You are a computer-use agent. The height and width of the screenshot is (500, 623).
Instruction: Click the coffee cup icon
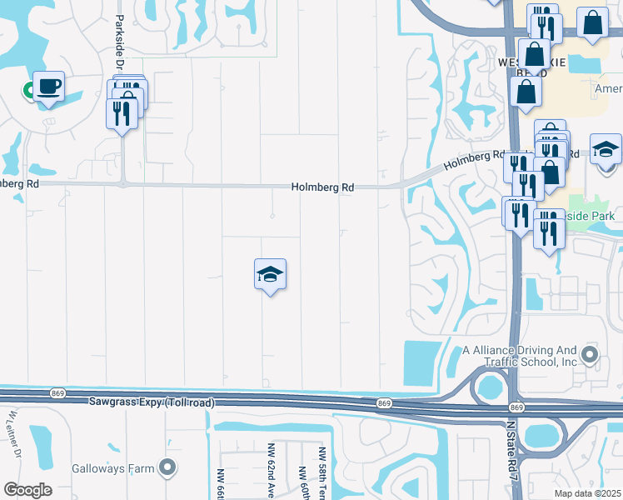click(48, 86)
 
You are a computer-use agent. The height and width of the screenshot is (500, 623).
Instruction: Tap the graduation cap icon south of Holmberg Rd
click(270, 273)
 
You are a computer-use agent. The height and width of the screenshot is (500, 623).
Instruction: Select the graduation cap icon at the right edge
click(606, 149)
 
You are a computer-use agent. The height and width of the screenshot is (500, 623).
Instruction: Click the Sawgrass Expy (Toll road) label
click(152, 402)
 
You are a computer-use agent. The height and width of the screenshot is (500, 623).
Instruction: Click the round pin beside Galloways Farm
click(168, 467)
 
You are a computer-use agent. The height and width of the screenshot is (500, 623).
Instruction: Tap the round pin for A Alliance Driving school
click(590, 356)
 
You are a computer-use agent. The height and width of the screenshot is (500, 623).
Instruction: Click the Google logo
click(27, 490)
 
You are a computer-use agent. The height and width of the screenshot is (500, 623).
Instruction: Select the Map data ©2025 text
click(587, 493)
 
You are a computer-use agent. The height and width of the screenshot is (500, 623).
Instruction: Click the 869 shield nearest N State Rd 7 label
click(516, 407)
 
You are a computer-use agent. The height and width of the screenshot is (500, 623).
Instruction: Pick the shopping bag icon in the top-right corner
click(592, 25)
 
